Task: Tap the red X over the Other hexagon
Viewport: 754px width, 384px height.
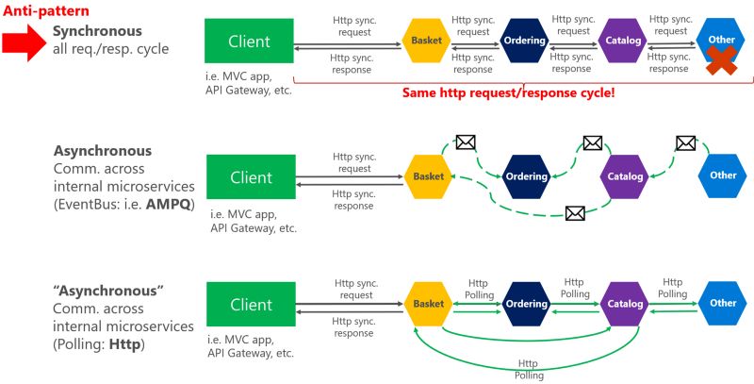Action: (x=722, y=58)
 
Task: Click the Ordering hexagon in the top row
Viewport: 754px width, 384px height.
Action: (x=525, y=41)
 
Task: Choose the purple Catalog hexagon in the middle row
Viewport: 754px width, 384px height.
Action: (x=624, y=176)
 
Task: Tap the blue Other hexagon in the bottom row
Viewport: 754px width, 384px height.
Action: (x=723, y=303)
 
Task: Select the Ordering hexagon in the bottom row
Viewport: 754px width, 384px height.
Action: (x=525, y=304)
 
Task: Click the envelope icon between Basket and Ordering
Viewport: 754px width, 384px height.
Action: (x=465, y=142)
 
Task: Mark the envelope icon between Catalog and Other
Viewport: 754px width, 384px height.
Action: (x=685, y=143)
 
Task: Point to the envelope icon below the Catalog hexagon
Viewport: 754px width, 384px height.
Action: (x=575, y=213)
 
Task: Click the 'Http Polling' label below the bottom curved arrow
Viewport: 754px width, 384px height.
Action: (x=531, y=368)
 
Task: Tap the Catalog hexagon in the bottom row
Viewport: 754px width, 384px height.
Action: (x=624, y=304)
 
